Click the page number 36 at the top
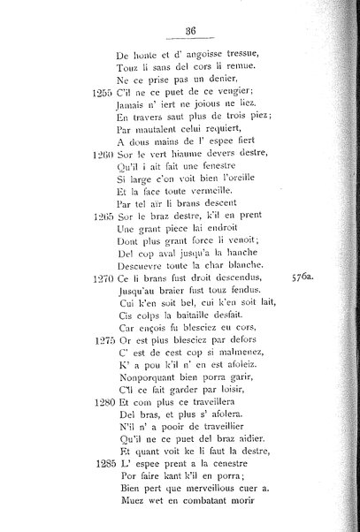190,31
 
